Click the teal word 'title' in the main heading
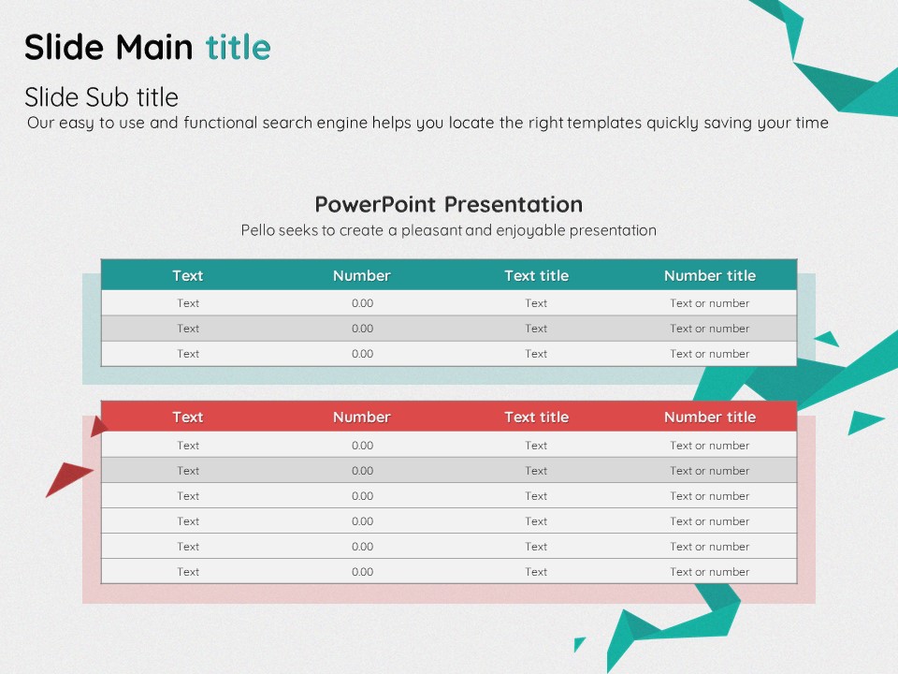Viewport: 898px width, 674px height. pos(239,47)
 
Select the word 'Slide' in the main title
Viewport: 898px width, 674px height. pos(65,47)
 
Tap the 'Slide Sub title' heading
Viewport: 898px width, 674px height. pos(101,96)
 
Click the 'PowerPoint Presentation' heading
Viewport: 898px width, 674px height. pos(449,204)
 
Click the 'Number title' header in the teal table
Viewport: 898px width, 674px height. pos(710,275)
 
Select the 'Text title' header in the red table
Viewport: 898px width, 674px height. pos(536,418)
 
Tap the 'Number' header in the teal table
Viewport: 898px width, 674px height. pos(362,275)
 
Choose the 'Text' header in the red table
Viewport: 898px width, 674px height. pos(188,418)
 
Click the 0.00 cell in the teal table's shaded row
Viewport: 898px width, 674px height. pos(363,329)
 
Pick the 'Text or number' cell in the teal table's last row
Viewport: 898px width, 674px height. pos(710,354)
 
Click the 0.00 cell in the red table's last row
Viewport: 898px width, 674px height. pos(363,571)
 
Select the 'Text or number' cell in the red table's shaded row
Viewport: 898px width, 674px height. pos(710,471)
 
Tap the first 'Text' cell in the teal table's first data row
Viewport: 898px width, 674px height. pos(188,303)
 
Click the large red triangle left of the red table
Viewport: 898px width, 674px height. pos(67,476)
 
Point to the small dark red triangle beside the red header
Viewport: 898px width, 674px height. pos(98,427)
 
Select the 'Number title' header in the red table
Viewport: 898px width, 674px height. pos(710,418)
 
